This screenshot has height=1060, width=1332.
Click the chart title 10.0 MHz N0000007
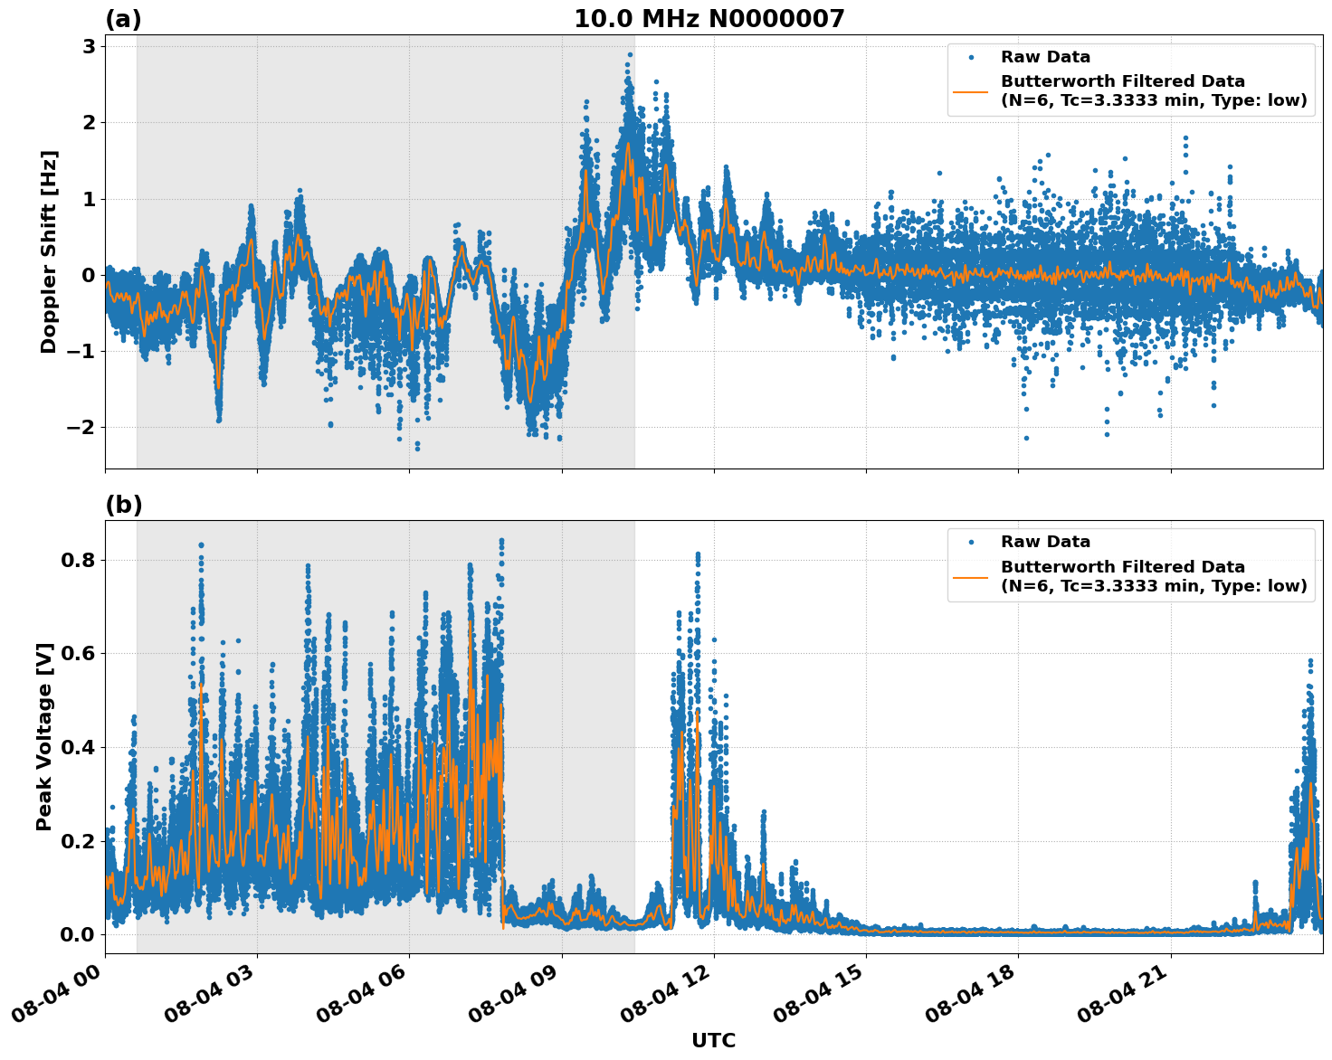coord(709,19)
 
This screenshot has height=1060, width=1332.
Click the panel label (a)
coord(123,19)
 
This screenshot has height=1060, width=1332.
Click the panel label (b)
coord(123,505)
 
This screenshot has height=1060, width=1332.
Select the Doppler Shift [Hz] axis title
coord(49,251)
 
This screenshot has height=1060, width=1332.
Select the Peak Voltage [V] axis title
coord(44,736)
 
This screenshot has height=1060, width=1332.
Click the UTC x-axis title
coord(713,1040)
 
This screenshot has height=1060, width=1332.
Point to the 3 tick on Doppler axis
coord(89,46)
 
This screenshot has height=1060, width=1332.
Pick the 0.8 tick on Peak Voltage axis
coord(77,560)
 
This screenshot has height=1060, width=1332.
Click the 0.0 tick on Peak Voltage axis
coord(77,934)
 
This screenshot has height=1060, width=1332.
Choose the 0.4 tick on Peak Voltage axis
coord(77,747)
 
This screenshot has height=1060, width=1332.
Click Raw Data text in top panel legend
coord(1045,57)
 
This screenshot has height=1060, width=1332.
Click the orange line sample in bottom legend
coord(970,576)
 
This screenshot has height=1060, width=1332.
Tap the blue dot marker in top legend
coord(970,57)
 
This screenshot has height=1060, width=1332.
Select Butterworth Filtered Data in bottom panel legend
coord(1122,567)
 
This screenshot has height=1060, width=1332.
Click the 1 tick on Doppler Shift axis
coord(89,199)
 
